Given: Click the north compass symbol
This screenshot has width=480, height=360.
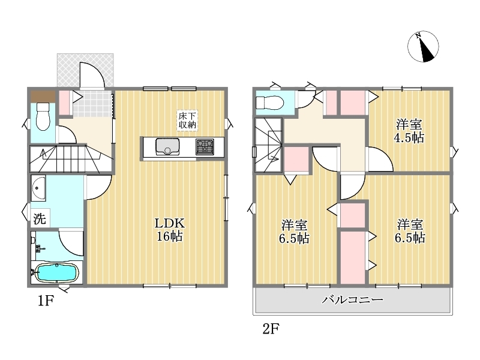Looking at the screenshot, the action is (x=423, y=47).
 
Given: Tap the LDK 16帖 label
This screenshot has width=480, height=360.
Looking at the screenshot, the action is (x=170, y=230).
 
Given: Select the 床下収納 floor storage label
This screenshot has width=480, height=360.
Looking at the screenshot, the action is (x=187, y=121).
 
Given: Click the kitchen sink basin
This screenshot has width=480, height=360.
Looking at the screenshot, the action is (x=167, y=146).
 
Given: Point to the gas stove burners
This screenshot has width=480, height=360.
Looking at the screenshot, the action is (x=205, y=146).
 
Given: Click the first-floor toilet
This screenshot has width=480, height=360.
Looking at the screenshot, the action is (x=43, y=116).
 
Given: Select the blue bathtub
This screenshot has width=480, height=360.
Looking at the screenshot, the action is (x=57, y=273).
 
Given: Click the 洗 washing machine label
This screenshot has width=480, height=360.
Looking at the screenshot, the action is (x=40, y=218).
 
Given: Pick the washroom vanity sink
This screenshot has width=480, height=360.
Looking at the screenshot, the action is (x=38, y=188).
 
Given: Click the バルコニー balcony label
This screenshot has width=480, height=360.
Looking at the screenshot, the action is (x=352, y=299).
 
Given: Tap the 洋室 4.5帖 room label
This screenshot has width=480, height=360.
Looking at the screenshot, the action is (x=409, y=131).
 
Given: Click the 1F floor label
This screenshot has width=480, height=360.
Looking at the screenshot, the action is (x=46, y=301).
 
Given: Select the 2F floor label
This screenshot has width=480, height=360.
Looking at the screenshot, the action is (x=271, y=329).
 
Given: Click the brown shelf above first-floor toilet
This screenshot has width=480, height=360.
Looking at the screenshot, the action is (x=43, y=97).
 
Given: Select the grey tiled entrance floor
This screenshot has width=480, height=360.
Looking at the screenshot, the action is (x=92, y=103).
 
